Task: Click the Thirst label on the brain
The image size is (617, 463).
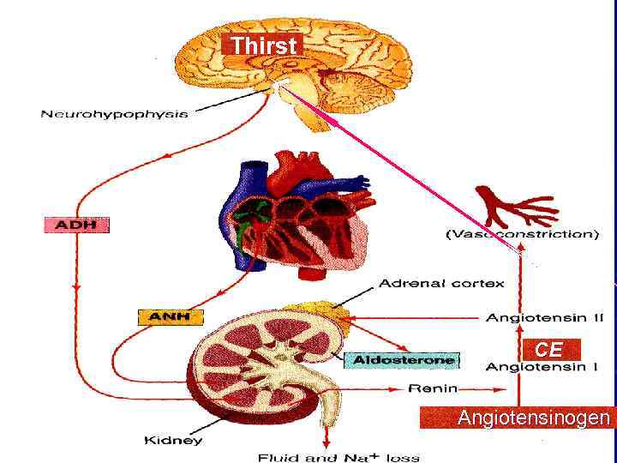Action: (x=263, y=45)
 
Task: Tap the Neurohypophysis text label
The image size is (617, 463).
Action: (x=114, y=114)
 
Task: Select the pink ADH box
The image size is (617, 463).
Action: (x=76, y=225)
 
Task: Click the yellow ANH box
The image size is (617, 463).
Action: (x=170, y=317)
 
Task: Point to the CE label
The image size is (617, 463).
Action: (x=548, y=350)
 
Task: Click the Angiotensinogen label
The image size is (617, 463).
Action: (x=534, y=418)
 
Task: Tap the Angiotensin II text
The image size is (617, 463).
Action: (x=545, y=318)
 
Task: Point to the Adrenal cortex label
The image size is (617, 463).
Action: (x=441, y=282)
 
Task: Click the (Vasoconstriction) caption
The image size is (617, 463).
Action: (x=522, y=234)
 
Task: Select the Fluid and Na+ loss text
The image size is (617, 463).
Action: (x=339, y=457)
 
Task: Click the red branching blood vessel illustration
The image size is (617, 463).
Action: (x=514, y=206)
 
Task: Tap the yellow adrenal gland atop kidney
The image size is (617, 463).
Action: (x=320, y=314)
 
